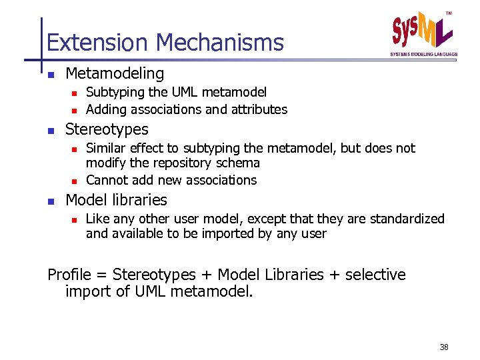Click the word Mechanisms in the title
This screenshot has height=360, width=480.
point(220,43)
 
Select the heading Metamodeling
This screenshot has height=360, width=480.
point(115,73)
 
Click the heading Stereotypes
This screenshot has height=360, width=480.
point(107,129)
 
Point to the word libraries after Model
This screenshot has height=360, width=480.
point(140,199)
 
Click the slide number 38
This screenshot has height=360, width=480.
point(444,347)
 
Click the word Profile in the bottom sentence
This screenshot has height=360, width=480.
point(69,275)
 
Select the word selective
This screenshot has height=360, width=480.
point(375,275)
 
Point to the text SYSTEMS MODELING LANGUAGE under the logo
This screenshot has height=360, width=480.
point(424,54)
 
